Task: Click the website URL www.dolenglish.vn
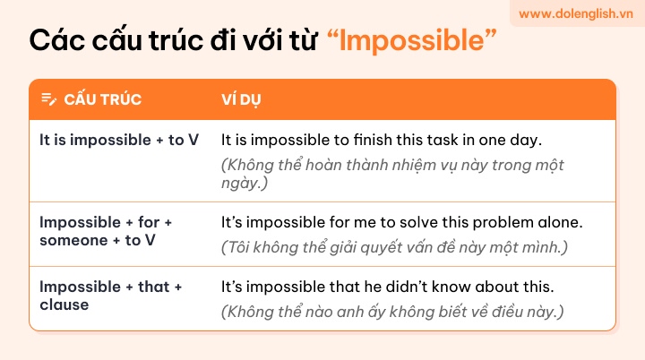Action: click(x=575, y=14)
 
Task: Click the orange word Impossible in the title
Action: click(x=412, y=40)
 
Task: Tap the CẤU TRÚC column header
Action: click(x=102, y=99)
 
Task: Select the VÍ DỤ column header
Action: click(x=241, y=99)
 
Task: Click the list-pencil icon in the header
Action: click(x=49, y=99)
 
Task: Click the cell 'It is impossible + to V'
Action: click(x=119, y=140)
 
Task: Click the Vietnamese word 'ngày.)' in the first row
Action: click(x=245, y=183)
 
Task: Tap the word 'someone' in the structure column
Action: click(x=73, y=240)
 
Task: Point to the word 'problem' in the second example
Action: click(x=503, y=223)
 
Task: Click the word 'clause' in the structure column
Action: click(x=64, y=304)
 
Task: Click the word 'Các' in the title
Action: click(x=56, y=40)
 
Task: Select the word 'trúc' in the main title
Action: click(x=176, y=40)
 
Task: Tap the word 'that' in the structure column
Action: click(x=153, y=287)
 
